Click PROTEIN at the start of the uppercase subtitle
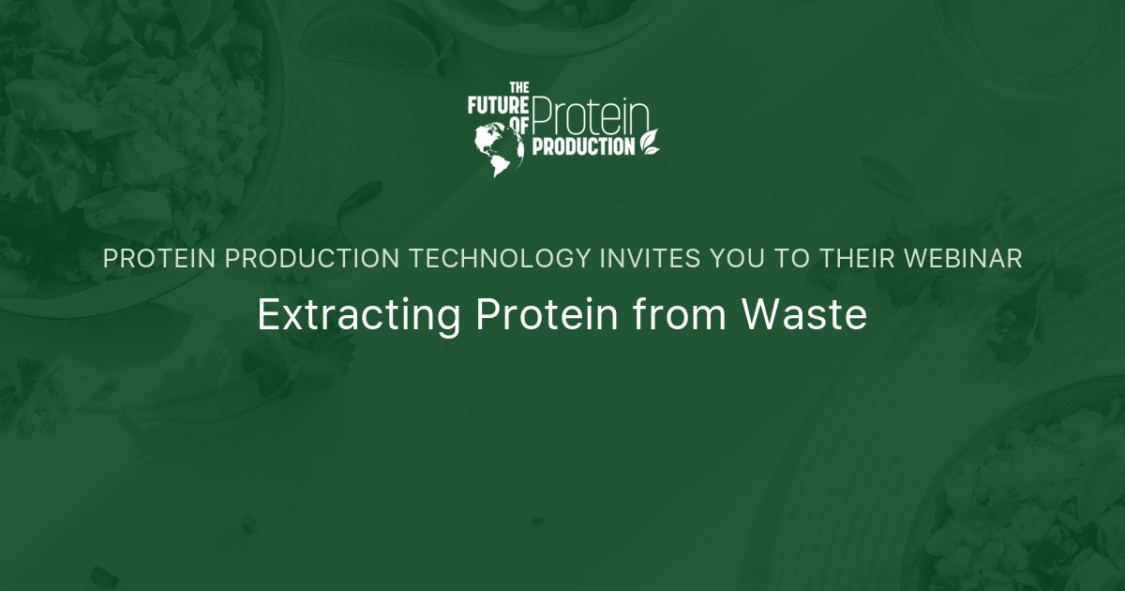pyautogui.click(x=158, y=260)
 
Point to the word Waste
pyautogui.click(x=804, y=315)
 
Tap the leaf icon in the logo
pyautogui.click(x=649, y=141)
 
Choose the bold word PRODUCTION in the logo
pyautogui.click(x=583, y=146)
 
